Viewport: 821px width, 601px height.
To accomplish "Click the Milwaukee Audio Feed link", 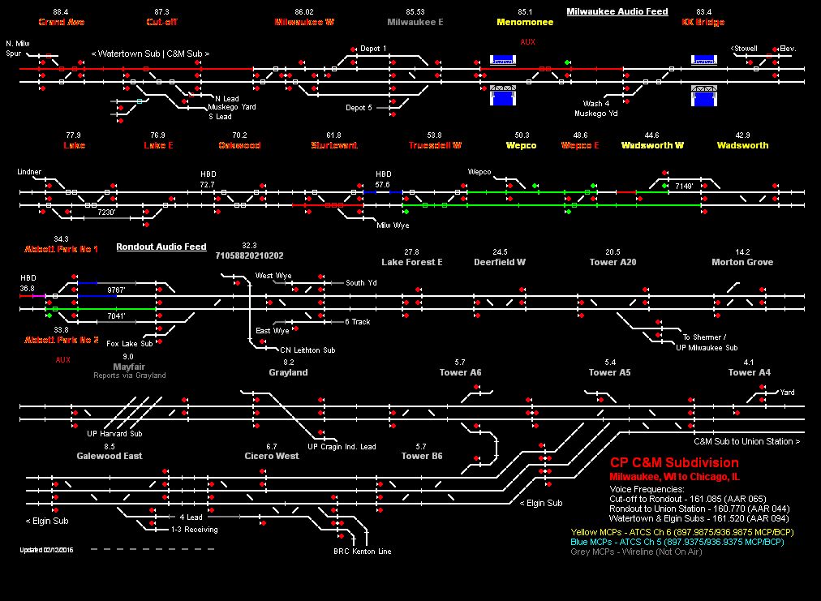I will [617, 12].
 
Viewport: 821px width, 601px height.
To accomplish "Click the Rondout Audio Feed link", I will [161, 247].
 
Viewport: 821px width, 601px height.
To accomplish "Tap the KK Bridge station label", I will [703, 23].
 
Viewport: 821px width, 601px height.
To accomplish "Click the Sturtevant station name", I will [333, 146].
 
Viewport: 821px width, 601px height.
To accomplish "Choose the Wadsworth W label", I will [652, 146].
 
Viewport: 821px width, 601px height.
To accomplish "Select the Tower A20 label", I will [613, 263].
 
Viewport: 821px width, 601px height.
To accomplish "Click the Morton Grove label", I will [742, 263].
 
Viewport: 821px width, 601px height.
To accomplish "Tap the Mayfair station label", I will [128, 367].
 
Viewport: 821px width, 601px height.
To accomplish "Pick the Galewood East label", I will [110, 456].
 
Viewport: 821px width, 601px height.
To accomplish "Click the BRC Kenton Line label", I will [363, 552].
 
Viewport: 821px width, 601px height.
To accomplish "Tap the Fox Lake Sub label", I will [130, 344].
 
